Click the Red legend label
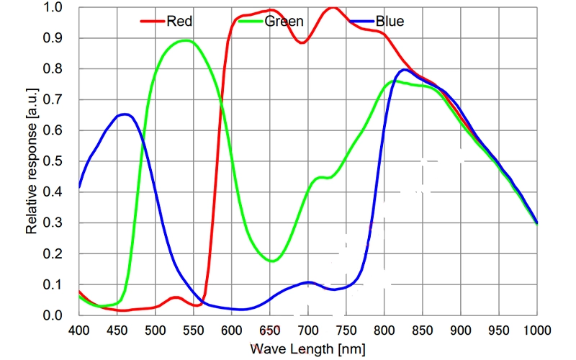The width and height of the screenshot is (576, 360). pos(179,21)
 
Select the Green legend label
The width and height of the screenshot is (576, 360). pos(284,21)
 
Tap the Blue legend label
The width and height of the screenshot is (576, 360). pos(390,21)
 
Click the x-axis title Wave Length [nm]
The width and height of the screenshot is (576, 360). pos(308,349)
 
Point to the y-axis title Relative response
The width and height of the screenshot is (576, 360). pos(32,163)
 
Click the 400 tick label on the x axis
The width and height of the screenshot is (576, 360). pos(78,330)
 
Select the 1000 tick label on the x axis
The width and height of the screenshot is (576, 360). pos(536,330)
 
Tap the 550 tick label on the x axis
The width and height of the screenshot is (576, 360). pos(193,330)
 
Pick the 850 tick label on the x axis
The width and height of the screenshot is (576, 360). pos(423,330)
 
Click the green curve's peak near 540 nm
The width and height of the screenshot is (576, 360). pos(186,40)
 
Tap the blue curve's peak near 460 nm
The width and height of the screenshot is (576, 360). pos(125,114)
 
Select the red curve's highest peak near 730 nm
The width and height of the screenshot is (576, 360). pos(332,8)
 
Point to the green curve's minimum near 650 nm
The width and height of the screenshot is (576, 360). pos(271,261)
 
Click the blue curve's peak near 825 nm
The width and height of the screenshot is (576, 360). pos(404,70)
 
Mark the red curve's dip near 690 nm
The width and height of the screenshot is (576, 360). pos(302,42)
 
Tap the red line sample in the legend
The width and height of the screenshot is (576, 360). pos(152,22)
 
